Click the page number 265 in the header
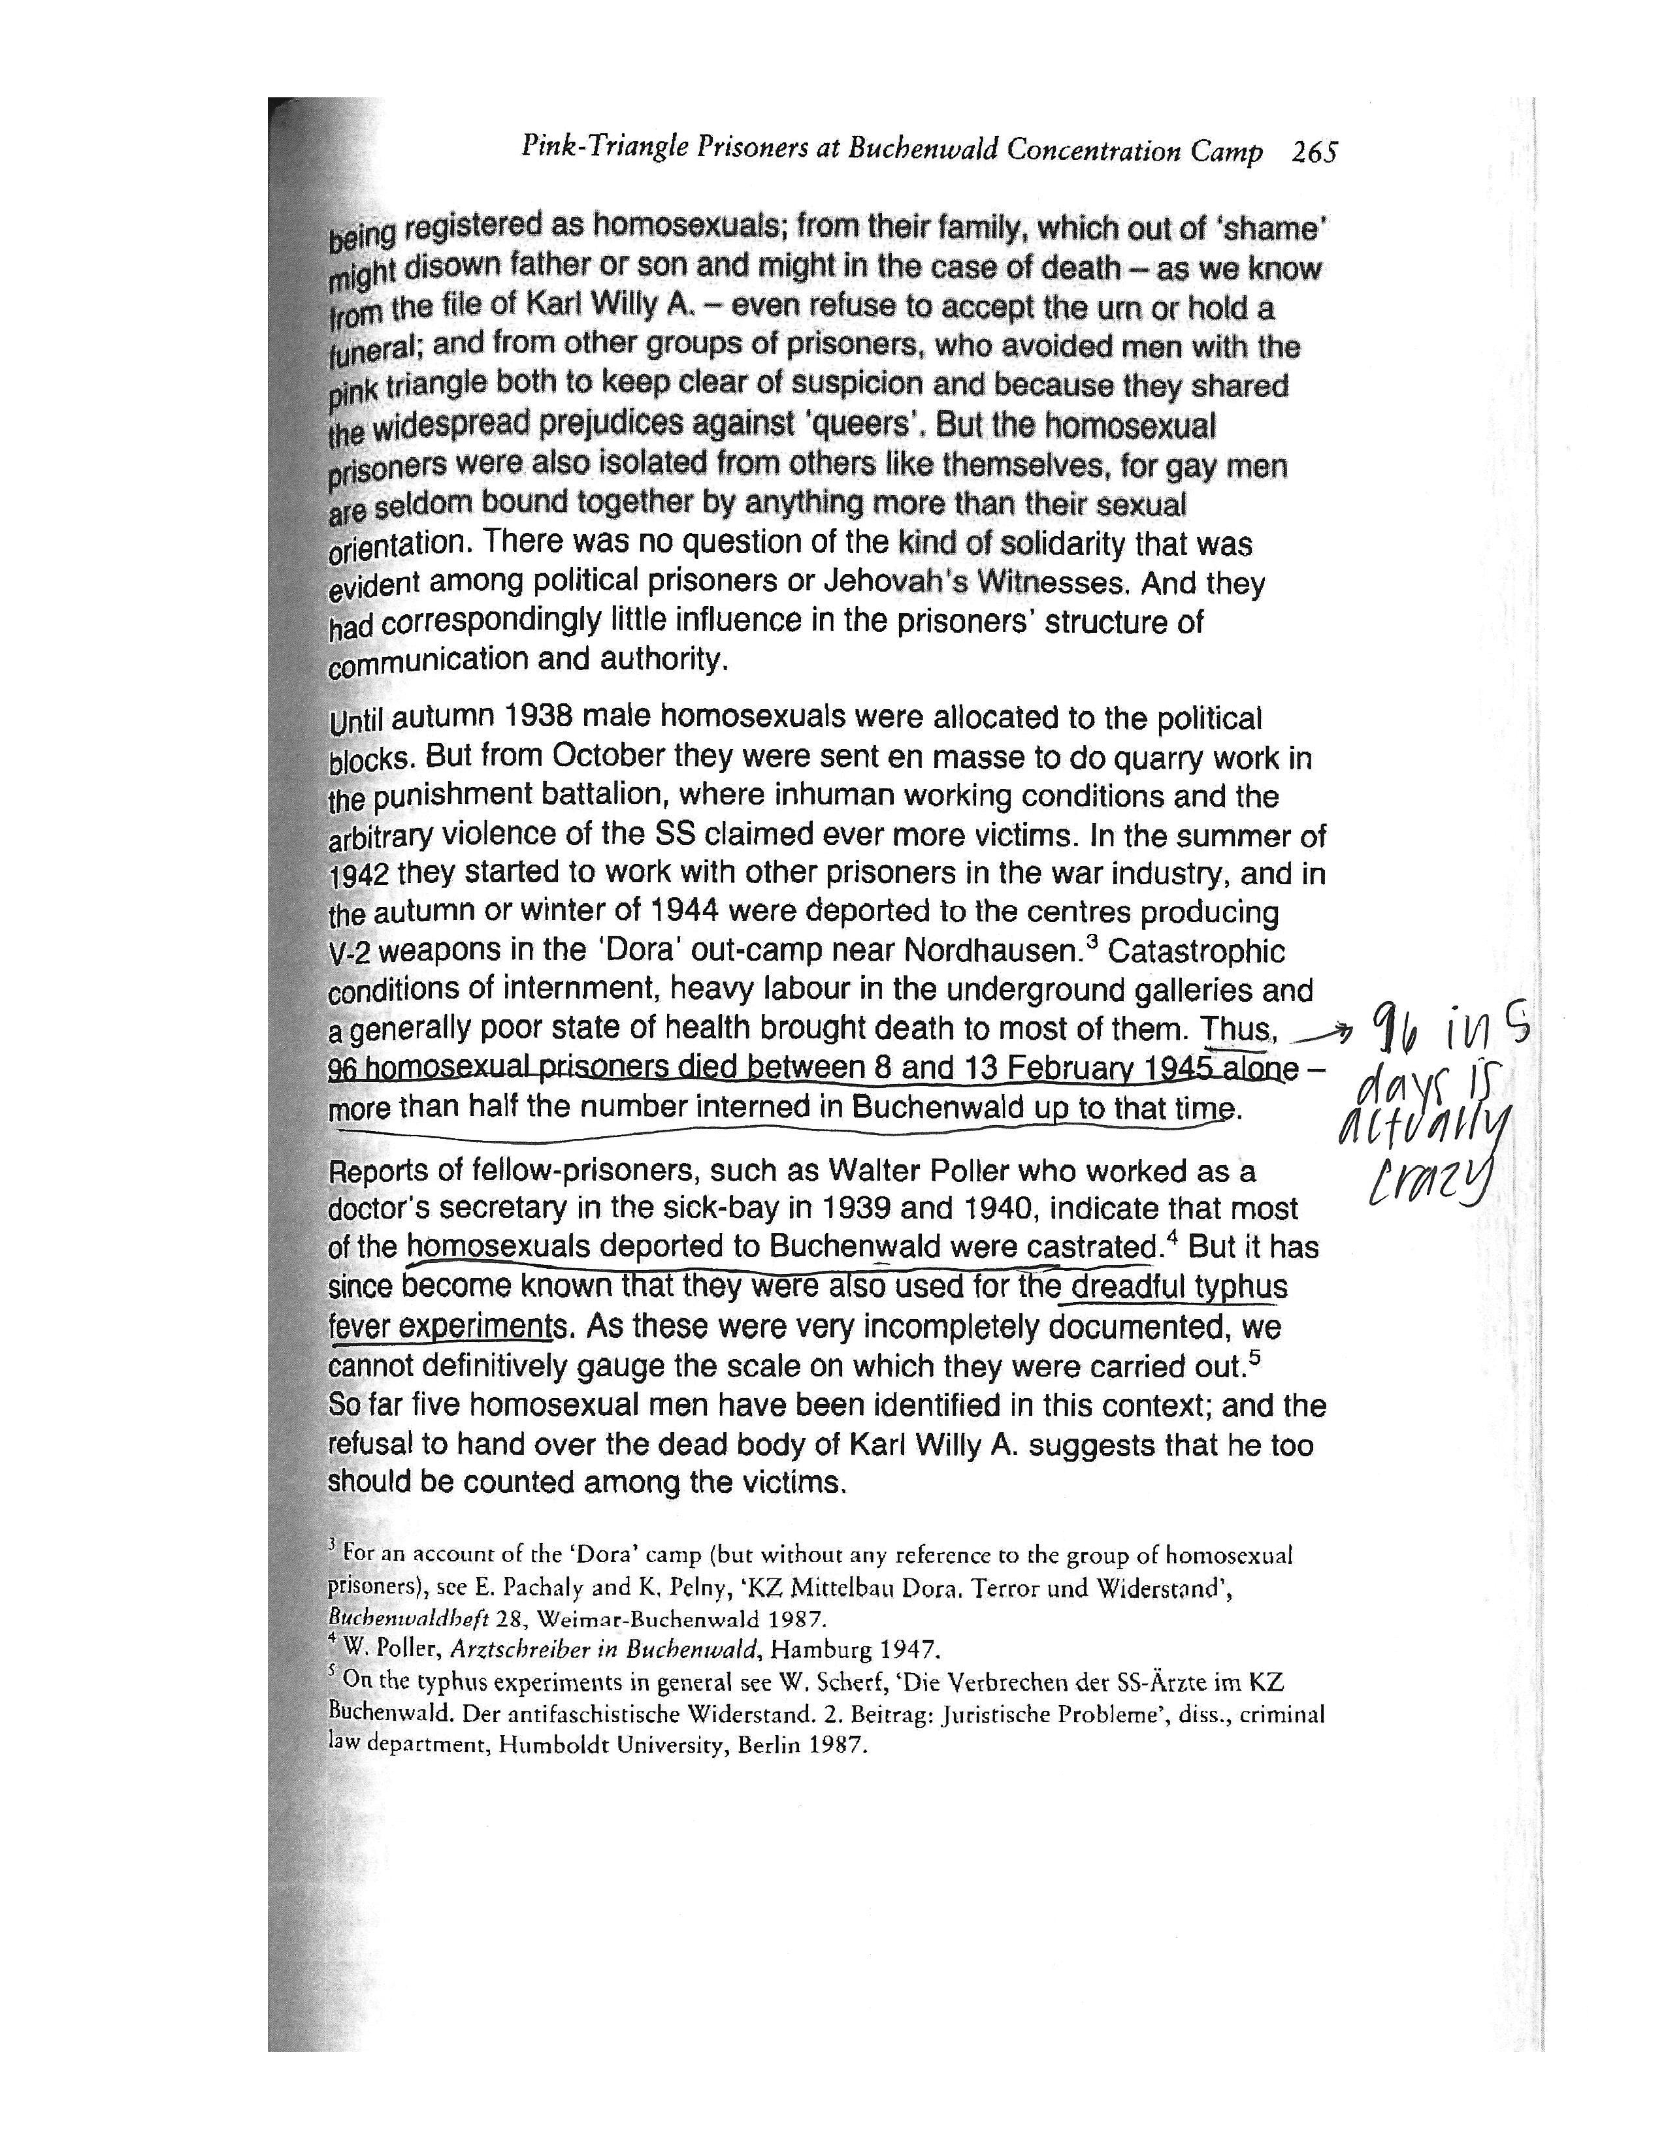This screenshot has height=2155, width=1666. (1314, 152)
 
